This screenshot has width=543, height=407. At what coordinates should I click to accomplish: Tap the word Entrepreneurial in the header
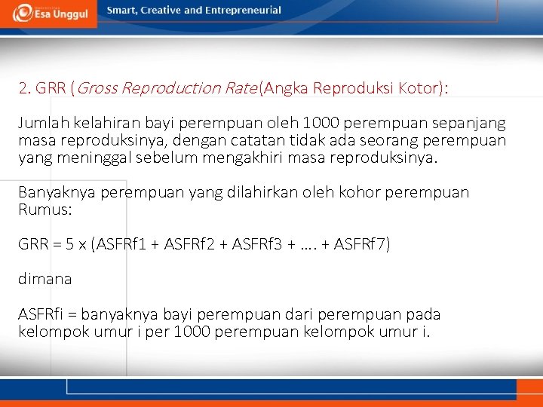coord(244,11)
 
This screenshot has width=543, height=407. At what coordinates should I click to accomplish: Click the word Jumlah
coord(41,123)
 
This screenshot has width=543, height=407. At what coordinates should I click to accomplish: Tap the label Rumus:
coord(45,210)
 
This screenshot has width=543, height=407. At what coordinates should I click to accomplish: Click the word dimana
coord(45,279)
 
